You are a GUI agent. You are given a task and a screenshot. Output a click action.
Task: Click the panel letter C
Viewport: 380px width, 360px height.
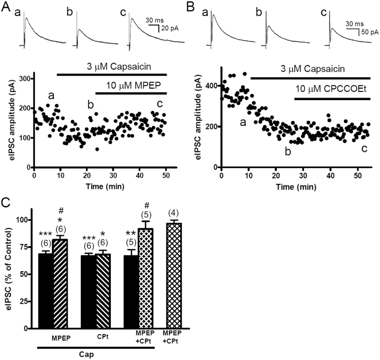pyautogui.click(x=5, y=202)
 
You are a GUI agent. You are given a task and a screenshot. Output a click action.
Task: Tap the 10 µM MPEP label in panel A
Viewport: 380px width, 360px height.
pyautogui.click(x=130, y=85)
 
